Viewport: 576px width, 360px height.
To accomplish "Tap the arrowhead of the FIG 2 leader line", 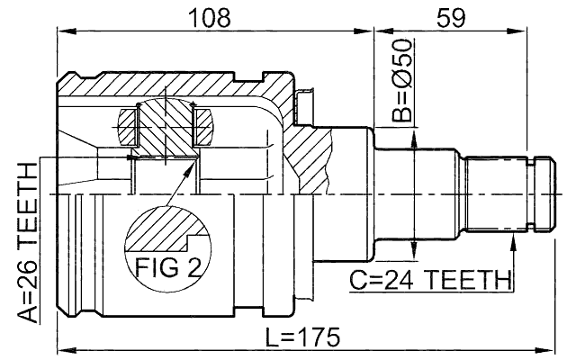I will pyautogui.click(x=192, y=164).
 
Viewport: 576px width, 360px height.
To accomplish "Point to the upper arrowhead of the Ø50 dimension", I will pyautogui.click(x=412, y=135).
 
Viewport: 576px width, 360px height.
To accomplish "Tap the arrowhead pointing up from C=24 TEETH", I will pyautogui.click(x=513, y=237).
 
